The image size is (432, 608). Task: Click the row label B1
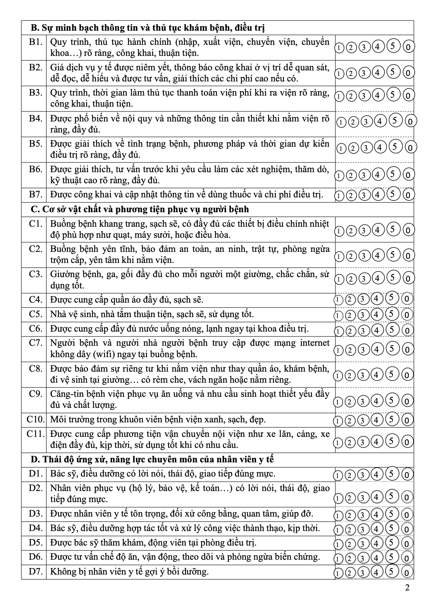pyautogui.click(x=36, y=42)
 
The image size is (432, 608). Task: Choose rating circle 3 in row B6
pyautogui.click(x=363, y=175)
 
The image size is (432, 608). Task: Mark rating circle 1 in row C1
pyautogui.click(x=339, y=230)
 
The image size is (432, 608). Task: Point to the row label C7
pyautogui.click(x=36, y=343)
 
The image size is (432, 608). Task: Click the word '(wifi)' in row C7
pyautogui.click(x=104, y=354)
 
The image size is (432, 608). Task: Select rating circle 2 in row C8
pyautogui.click(x=350, y=375)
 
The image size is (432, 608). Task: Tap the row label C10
pyautogui.click(x=36, y=420)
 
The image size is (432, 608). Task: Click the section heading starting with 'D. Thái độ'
pyautogui.click(x=152, y=460)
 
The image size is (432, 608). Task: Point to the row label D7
pyautogui.click(x=36, y=571)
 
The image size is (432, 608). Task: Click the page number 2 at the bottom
pyautogui.click(x=407, y=588)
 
